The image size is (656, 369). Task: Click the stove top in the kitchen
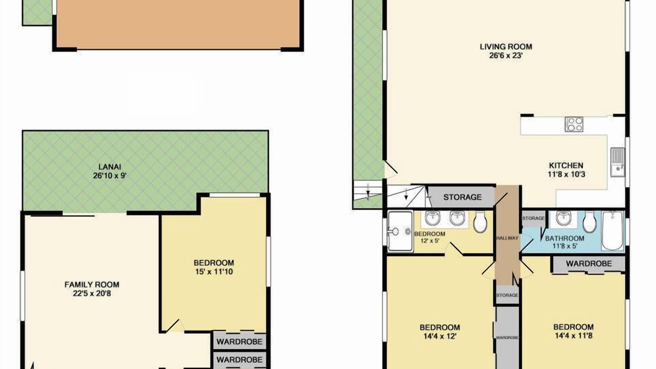(x=574, y=124)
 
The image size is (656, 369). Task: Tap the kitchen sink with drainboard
(x=618, y=162)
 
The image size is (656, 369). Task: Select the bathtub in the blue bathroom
(x=612, y=231)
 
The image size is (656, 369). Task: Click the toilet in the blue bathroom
(x=589, y=222)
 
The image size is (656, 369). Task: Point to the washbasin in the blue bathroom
(x=563, y=219)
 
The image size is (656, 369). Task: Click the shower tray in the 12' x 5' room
(x=400, y=231)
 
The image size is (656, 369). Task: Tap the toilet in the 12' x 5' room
(x=480, y=222)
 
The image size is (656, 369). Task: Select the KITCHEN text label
(x=566, y=166)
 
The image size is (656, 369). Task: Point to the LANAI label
(x=110, y=167)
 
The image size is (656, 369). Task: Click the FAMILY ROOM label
(x=92, y=284)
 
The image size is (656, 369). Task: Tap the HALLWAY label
(x=507, y=238)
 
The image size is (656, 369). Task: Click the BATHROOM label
(x=565, y=238)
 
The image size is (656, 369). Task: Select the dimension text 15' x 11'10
(x=214, y=272)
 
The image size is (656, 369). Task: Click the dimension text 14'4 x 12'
(x=440, y=336)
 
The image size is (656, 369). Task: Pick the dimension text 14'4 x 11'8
(x=573, y=336)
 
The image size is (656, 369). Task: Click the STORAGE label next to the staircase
(x=462, y=197)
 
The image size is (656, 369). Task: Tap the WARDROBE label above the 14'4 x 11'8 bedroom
(x=589, y=263)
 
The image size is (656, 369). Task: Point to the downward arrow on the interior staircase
(x=406, y=194)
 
